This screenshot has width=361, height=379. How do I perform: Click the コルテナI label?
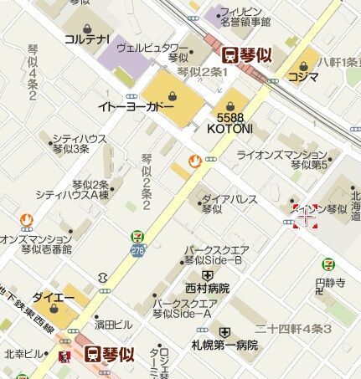click(x=88, y=39)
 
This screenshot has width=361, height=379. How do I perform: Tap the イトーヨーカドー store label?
click(x=136, y=107)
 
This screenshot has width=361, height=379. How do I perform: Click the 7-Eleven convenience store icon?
click(x=136, y=238)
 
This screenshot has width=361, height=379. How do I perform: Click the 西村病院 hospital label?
click(x=207, y=288)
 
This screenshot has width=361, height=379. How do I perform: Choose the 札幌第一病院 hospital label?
click(x=224, y=344)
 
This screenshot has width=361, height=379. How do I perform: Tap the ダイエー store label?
click(x=49, y=297)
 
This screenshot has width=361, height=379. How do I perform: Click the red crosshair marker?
click(x=306, y=217)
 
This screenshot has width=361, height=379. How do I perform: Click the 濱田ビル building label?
click(x=113, y=324)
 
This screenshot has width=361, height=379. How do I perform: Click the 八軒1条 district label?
click(x=338, y=61)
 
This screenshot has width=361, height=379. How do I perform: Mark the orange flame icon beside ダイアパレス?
click(x=195, y=160)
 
